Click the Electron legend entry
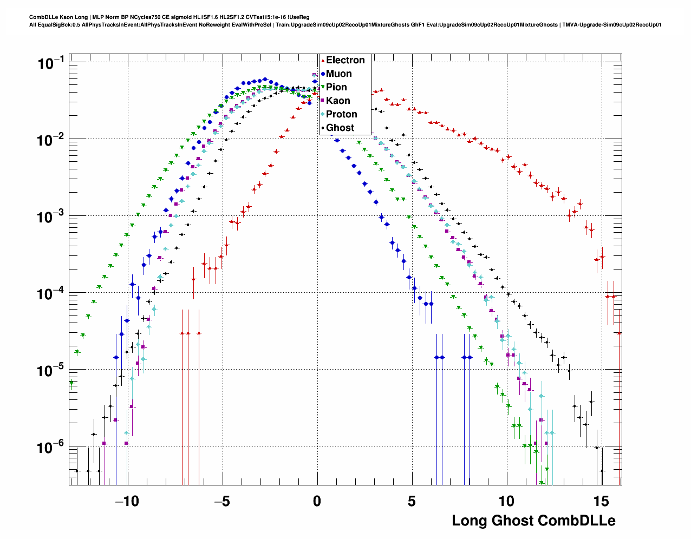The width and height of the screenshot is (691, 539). coord(345,60)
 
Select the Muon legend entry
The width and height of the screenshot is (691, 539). coord(338,74)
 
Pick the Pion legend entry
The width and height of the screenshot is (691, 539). coord(336,87)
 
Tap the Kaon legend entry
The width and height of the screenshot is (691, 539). coord(338,101)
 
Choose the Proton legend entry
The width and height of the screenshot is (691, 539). coord(341,114)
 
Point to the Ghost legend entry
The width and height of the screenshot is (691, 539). coord(340,128)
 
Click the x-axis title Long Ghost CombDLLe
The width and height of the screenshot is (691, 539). coord(533,521)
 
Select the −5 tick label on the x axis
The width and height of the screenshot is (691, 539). coord(222,501)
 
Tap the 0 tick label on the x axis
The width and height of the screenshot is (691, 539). coord(317,501)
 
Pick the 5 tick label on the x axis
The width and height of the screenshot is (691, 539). coord(412,501)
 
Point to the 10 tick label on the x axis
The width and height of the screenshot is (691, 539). coord(507,501)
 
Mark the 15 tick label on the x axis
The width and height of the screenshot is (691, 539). coord(602,501)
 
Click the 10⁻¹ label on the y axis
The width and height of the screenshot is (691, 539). coord(51,63)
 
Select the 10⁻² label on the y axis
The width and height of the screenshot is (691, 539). coord(51,140)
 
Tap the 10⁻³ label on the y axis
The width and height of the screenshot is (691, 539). coord(51,217)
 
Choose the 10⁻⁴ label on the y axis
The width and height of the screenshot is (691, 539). coord(51,294)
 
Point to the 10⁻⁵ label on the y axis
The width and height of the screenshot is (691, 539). coord(51,371)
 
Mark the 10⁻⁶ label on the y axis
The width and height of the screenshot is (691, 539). coord(51,448)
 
